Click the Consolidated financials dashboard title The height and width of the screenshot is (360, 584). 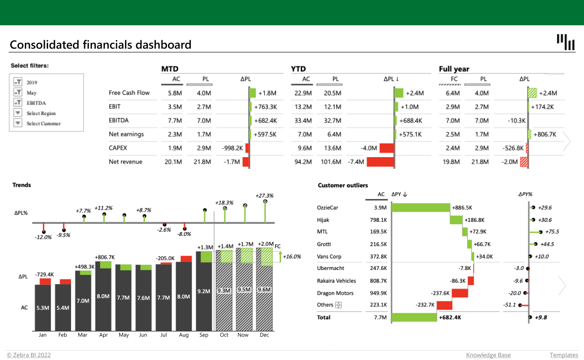100,45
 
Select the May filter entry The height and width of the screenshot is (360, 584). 32,92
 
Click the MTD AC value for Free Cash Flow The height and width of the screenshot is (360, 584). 175,93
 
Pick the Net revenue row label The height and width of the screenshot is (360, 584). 126,162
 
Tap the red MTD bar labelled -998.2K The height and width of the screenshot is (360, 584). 247,148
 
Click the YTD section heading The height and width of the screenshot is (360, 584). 298,69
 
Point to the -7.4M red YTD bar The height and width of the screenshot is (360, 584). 380,162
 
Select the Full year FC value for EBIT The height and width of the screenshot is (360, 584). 453,107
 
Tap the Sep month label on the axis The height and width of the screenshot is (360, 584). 203,335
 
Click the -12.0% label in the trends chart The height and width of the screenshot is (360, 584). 43,237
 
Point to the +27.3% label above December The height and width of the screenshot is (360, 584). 264,195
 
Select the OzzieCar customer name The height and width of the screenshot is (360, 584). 328,208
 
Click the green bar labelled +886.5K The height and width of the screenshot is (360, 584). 420,208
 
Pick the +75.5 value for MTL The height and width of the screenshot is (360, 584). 551,232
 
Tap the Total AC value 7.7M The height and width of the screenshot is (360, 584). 381,317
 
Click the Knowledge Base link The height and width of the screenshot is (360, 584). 488,355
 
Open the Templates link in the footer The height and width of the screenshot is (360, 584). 564,355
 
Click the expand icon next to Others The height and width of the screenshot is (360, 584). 339,305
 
